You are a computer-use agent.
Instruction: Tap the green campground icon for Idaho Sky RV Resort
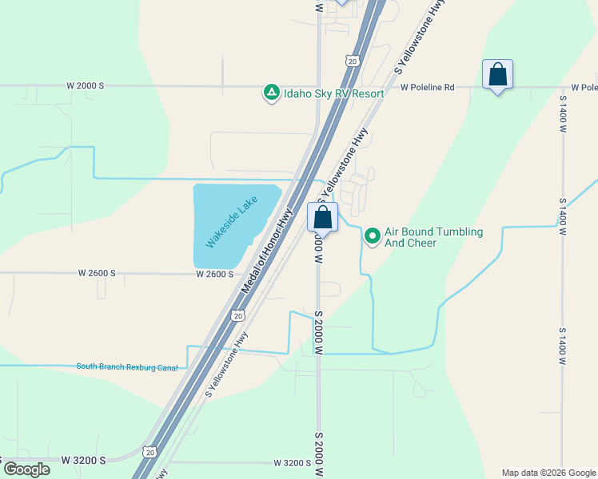pos(272,93)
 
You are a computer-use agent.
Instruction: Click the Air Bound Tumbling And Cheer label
pos(433,237)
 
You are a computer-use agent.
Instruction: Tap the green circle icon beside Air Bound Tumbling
pos(372,236)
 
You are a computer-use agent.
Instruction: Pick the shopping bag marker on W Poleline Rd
pos(497,75)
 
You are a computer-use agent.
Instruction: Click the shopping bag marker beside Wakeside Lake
pos(322,217)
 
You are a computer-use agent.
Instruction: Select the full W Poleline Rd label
pos(427,87)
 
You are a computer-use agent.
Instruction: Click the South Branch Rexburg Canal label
pos(126,366)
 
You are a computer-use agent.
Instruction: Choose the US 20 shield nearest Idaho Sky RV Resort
pos(353,60)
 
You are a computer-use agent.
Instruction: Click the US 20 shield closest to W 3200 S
pos(149,452)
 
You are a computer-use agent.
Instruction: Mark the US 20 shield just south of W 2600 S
pos(237,315)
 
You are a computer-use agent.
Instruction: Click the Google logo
pos(26,469)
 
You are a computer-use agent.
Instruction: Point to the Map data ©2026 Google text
pos(548,473)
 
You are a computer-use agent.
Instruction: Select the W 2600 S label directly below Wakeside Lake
pos(214,274)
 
